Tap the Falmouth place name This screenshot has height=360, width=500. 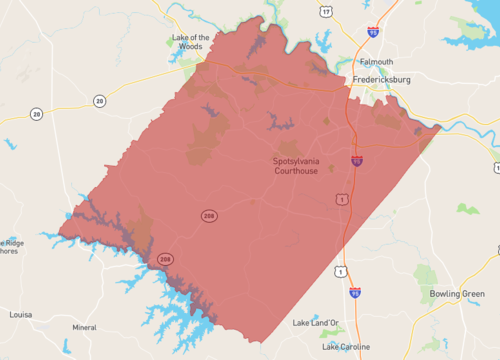(x=376, y=61)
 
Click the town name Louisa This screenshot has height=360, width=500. (x=20, y=314)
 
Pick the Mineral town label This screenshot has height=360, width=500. (x=84, y=327)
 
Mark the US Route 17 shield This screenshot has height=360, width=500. (x=326, y=12)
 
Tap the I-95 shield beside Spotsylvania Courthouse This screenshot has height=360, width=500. (x=357, y=160)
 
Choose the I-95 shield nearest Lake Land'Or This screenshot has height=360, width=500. (x=355, y=293)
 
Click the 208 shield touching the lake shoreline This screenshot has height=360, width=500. (x=164, y=260)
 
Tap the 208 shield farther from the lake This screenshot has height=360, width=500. (x=209, y=216)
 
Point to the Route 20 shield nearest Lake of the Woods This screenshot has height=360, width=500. (x=99, y=101)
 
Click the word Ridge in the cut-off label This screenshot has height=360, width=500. (x=12, y=242)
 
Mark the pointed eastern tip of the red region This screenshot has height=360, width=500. (x=440, y=127)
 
